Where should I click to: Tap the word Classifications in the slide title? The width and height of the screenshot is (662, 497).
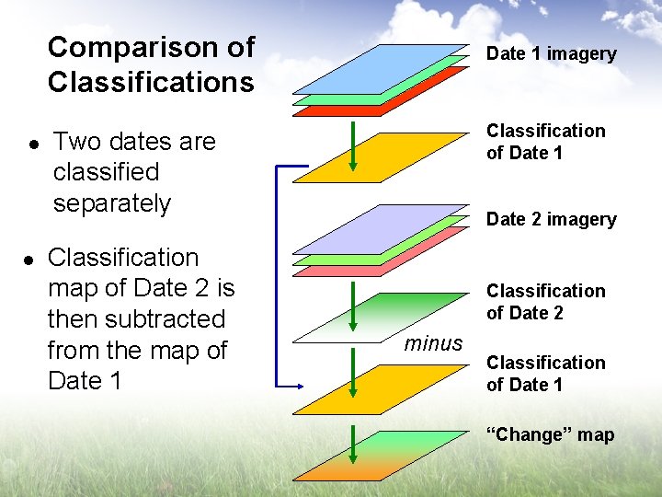click(151, 83)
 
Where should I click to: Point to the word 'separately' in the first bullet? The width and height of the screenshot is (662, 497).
click(111, 202)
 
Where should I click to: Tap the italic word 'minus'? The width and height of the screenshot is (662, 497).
click(433, 343)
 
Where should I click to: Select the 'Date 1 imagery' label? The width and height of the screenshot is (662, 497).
click(551, 53)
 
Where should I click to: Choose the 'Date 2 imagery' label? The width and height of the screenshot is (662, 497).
click(551, 219)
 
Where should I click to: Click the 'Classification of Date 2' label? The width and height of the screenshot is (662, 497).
click(545, 302)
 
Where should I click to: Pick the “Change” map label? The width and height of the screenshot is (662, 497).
click(550, 434)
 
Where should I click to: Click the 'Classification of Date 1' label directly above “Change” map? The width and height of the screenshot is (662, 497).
click(545, 374)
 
